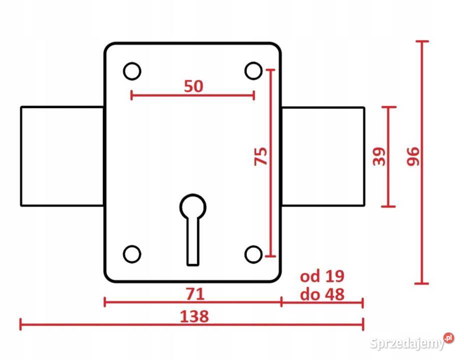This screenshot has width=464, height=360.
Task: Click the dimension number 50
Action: coord(193,86)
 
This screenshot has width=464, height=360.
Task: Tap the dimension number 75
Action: coord(261,156)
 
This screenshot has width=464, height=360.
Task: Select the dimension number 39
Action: coord(379,156)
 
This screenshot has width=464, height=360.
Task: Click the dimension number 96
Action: coord(413,156)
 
